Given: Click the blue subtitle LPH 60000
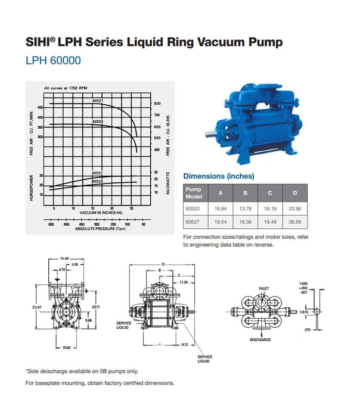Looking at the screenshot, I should click(53, 60).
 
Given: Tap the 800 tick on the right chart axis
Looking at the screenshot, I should click(157, 104).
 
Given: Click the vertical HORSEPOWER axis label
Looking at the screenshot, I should click(31, 188).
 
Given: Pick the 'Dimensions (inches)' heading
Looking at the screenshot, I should click(218, 176).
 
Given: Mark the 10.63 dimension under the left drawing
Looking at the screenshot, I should click(66, 347).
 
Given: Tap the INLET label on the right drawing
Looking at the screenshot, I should click(264, 288).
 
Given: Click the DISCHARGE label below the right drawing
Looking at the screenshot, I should click(260, 340).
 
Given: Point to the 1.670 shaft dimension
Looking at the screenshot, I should click(304, 312).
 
